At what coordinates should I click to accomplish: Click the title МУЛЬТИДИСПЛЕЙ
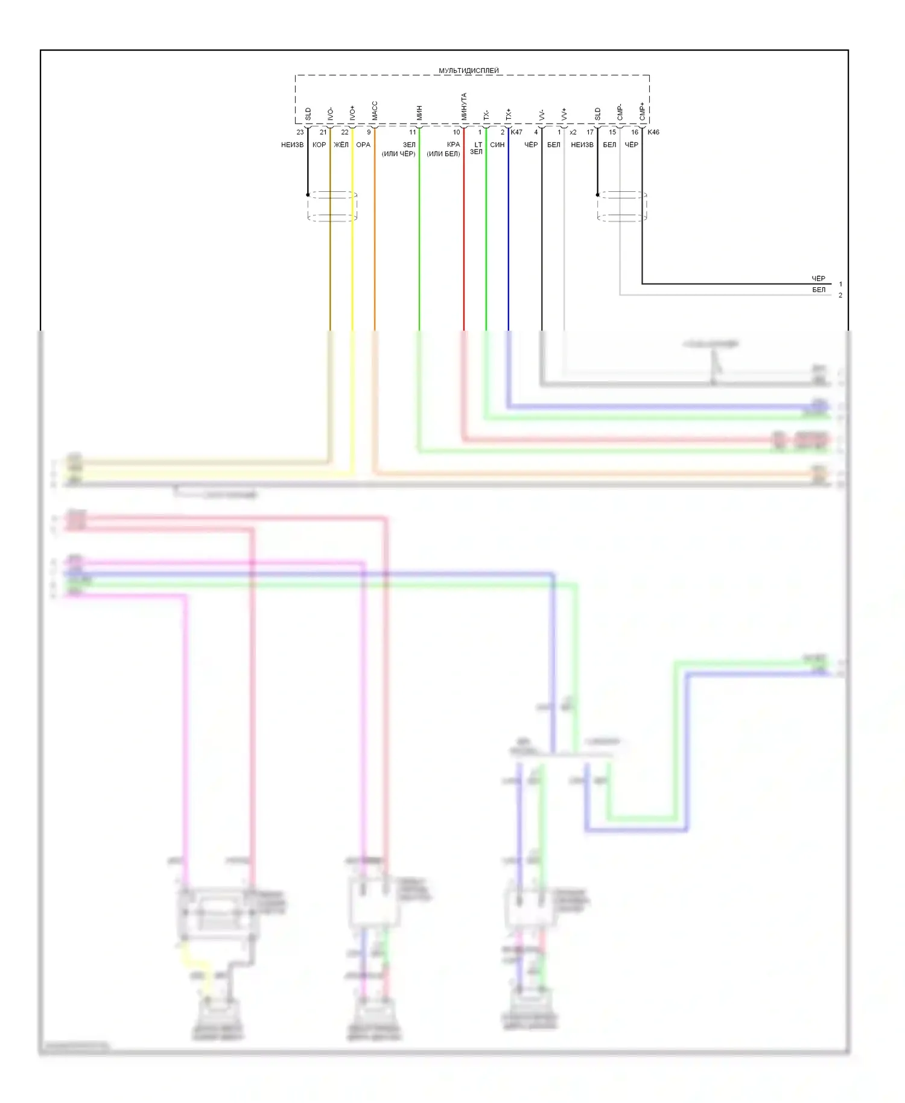pos(469,71)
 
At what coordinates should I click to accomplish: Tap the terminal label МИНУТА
pos(464,106)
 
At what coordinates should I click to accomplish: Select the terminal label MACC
pos(375,111)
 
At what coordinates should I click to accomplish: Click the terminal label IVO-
pos(330,113)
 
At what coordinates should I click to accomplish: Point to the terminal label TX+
pos(508,114)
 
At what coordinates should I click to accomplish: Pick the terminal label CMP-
pos(620,112)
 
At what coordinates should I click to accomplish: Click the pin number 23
pos(300,132)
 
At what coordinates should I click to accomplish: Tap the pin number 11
pos(413,132)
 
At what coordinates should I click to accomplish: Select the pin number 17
pos(590,132)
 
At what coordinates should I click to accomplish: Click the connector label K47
pos(516,132)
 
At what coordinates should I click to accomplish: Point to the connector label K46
pos(653,132)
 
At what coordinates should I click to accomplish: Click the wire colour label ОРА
pos(363,145)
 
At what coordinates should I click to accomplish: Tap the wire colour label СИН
pos(497,145)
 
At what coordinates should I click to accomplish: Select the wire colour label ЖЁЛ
pos(341,145)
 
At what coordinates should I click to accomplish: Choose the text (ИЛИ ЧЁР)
pos(399,154)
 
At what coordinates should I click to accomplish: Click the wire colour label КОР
pos(319,145)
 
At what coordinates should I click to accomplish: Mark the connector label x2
pos(573,132)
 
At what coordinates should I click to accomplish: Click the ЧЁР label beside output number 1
pos(818,279)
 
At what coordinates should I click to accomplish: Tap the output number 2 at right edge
pos(840,295)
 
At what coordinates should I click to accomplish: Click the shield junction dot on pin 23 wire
pos(308,195)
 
